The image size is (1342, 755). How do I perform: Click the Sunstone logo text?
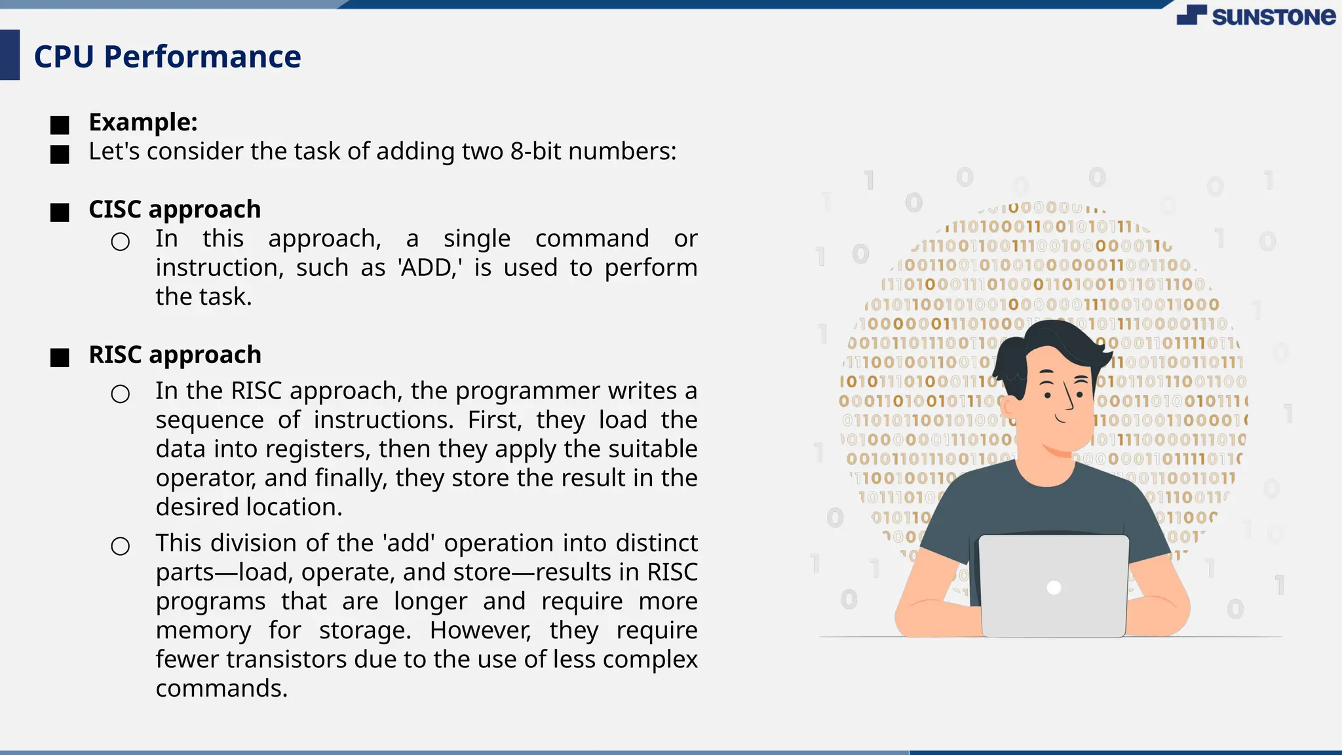click(1273, 16)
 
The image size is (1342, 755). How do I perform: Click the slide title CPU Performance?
click(167, 56)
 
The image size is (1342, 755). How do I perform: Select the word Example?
click(143, 122)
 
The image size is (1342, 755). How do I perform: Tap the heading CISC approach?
click(174, 209)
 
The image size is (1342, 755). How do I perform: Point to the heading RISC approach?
click(174, 355)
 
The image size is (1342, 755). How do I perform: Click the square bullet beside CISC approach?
click(60, 212)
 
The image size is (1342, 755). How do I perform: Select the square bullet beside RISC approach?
click(60, 358)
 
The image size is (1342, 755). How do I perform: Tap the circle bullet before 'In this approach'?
click(121, 242)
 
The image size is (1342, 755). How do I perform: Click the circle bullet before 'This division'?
click(121, 546)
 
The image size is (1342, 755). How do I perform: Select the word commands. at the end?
click(221, 688)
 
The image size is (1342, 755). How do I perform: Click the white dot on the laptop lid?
click(1054, 587)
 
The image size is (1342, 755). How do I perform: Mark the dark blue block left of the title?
click(10, 55)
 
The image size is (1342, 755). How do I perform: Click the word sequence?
click(210, 420)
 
